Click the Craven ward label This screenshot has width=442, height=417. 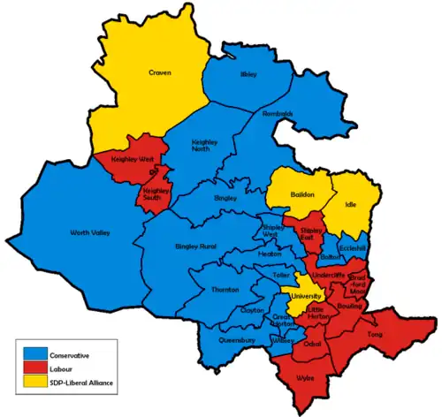[159, 72]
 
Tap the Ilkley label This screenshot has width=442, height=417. [248, 75]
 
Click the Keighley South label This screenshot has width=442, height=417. [156, 193]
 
